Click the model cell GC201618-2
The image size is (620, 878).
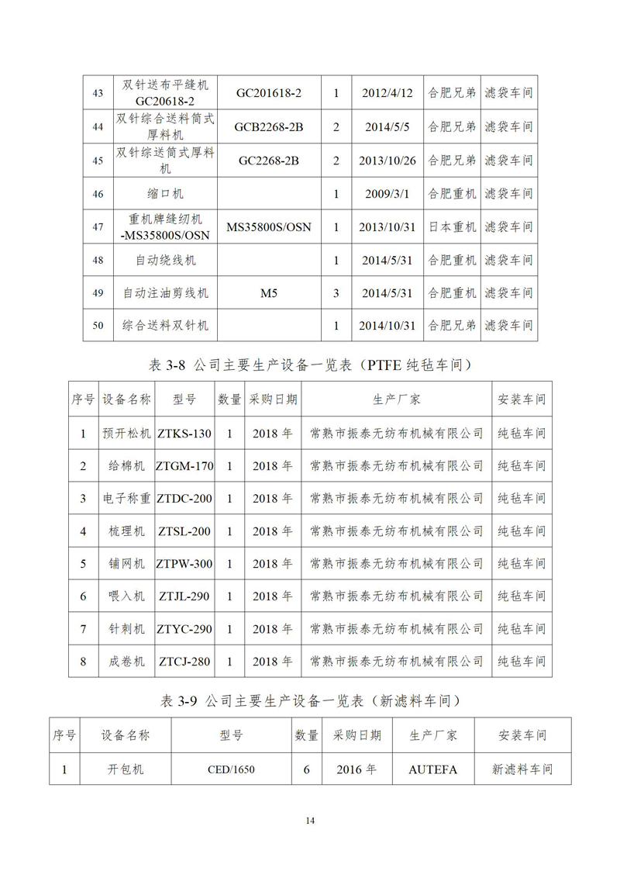(269, 93)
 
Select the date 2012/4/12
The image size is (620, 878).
(387, 93)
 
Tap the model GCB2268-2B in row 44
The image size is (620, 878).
(269, 126)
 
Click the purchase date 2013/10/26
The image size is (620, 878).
(387, 161)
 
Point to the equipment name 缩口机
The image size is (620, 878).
(165, 194)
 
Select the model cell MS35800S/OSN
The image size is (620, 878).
(269, 227)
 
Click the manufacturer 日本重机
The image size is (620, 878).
(453, 227)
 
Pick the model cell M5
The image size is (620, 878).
(269, 293)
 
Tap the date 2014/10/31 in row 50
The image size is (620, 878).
(387, 326)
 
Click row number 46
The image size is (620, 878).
(98, 194)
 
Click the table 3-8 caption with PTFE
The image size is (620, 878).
(309, 365)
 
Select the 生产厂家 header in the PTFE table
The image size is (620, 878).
(396, 400)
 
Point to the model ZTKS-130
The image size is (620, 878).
(184, 434)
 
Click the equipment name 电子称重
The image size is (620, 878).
(126, 499)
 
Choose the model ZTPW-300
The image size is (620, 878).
(184, 564)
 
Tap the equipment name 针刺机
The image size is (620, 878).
(126, 629)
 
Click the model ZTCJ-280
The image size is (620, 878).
(184, 662)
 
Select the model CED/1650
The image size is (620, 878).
(231, 770)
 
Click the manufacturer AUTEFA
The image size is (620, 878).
(432, 770)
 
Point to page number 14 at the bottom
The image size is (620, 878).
(310, 821)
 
